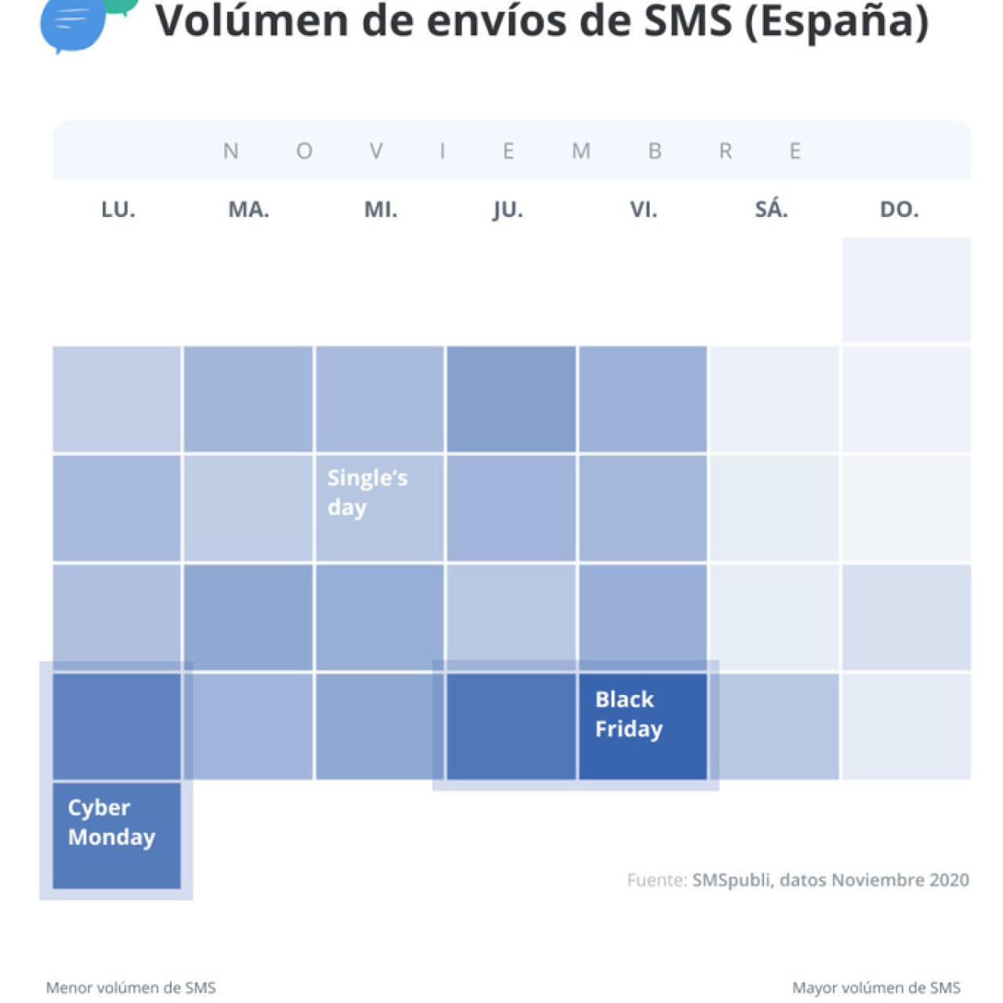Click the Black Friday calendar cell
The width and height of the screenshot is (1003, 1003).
point(643,726)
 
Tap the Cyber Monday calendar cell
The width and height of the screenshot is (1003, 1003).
point(117,835)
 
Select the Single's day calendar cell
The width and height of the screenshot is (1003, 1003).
point(379,508)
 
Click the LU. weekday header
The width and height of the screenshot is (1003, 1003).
point(118,209)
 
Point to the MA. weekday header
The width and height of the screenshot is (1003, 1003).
point(248,209)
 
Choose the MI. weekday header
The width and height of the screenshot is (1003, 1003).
point(381,209)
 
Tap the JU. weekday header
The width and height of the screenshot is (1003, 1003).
point(508,209)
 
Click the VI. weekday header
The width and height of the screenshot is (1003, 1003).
point(643,209)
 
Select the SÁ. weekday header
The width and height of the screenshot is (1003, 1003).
point(771,209)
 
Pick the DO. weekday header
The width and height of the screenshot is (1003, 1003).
point(899,209)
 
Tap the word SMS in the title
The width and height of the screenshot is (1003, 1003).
point(687,21)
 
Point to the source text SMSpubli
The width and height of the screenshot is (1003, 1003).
point(730,880)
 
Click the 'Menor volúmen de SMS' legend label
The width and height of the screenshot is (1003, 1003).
point(131,987)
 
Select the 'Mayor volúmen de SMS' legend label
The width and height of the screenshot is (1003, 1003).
point(876,987)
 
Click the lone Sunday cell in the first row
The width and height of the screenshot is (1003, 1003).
point(907,290)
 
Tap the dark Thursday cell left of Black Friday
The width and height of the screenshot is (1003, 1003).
point(511,726)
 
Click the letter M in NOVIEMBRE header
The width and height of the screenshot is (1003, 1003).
point(581,150)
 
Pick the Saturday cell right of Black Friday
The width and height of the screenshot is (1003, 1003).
point(774,726)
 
